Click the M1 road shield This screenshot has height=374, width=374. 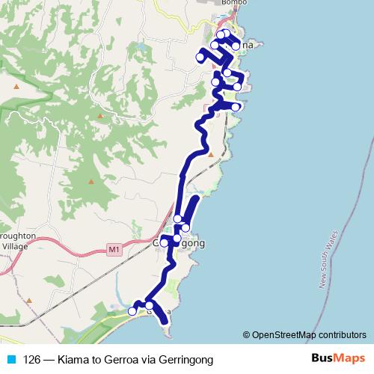tap(114, 249)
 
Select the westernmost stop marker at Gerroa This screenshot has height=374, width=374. tap(132, 310)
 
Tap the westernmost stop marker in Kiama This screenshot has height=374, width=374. tap(200, 57)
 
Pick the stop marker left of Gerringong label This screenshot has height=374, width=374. tap(164, 243)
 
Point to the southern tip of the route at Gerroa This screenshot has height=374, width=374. tap(165, 324)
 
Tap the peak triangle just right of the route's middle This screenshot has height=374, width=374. tap(212, 155)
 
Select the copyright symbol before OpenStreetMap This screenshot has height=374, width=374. tap(247, 335)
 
